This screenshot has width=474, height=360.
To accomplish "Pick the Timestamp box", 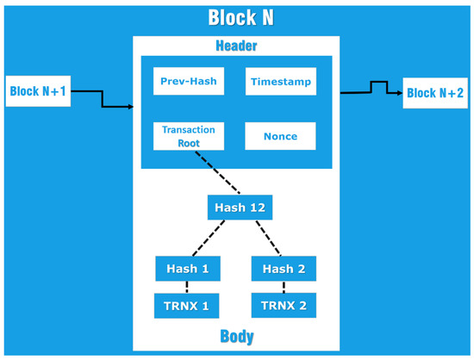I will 279,83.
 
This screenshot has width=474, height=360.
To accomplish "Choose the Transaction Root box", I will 189,136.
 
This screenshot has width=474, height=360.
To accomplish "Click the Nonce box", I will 279,136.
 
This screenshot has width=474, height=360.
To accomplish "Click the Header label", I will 236,46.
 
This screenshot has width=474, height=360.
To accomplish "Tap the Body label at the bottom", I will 236,336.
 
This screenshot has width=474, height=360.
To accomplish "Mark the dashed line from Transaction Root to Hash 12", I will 217,173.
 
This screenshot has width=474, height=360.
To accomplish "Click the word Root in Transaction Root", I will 189,144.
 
